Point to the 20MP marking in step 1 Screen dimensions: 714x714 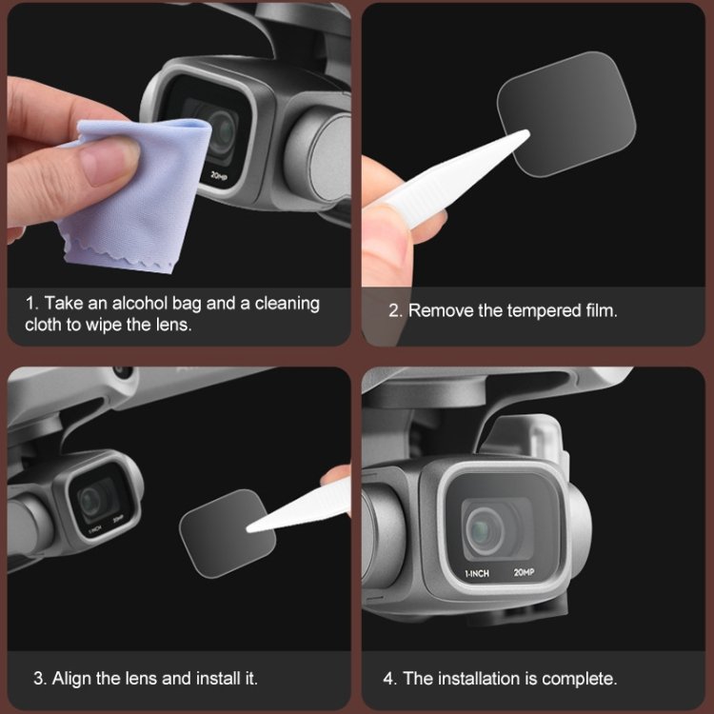[219, 175]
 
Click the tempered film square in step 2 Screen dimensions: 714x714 [566, 114]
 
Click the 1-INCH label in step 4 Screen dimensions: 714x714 [477, 574]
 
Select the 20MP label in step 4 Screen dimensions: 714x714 [524, 572]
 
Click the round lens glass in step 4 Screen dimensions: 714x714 [485, 528]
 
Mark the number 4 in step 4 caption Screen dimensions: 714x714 [388, 679]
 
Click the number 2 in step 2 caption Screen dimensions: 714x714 [394, 311]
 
